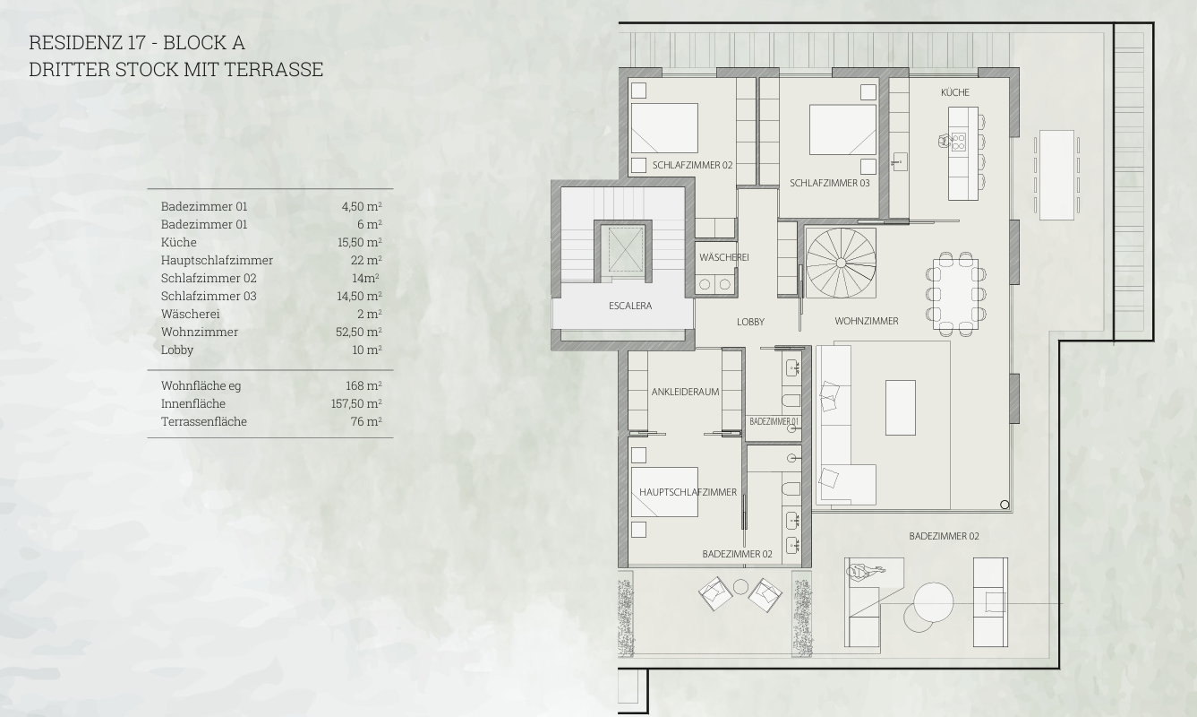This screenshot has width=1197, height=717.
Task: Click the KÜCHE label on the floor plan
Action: (x=955, y=92)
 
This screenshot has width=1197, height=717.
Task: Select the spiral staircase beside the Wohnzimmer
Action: (x=841, y=263)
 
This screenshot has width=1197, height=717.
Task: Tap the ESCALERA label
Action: (x=630, y=306)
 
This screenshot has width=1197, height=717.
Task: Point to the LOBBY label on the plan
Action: (x=751, y=322)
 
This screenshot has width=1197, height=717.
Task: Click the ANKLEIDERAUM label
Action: (x=685, y=392)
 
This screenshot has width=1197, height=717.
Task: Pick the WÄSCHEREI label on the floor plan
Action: (x=724, y=257)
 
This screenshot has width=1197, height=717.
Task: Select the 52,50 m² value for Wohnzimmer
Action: (x=359, y=332)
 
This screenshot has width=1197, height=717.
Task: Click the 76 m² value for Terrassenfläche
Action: (x=366, y=421)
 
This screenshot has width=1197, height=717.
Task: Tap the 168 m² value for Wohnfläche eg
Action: (x=363, y=385)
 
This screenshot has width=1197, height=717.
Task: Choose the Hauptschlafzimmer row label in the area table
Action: (x=217, y=261)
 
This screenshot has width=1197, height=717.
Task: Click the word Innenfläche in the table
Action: (x=193, y=403)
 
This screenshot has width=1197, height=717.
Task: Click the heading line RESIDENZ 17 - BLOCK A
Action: (x=137, y=43)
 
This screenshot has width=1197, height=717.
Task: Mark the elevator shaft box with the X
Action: (x=623, y=249)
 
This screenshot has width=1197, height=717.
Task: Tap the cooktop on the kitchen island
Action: (x=958, y=142)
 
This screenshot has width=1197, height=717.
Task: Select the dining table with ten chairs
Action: (x=956, y=294)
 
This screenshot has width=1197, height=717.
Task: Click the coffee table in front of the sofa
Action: (x=901, y=408)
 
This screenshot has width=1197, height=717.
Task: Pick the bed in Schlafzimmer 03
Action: (x=842, y=130)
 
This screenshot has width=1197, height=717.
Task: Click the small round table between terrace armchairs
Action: (x=740, y=587)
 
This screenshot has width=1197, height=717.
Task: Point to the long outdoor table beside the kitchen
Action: (x=1057, y=176)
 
